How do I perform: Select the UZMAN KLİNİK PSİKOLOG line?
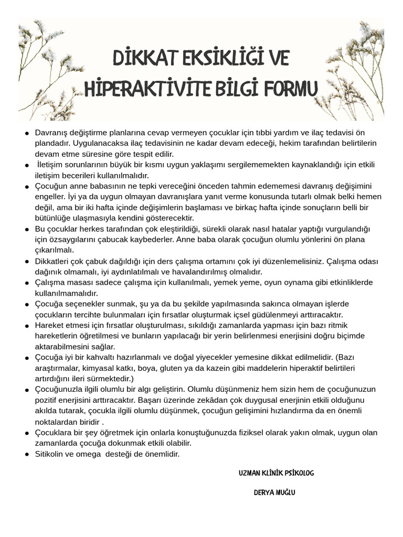(276, 472)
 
